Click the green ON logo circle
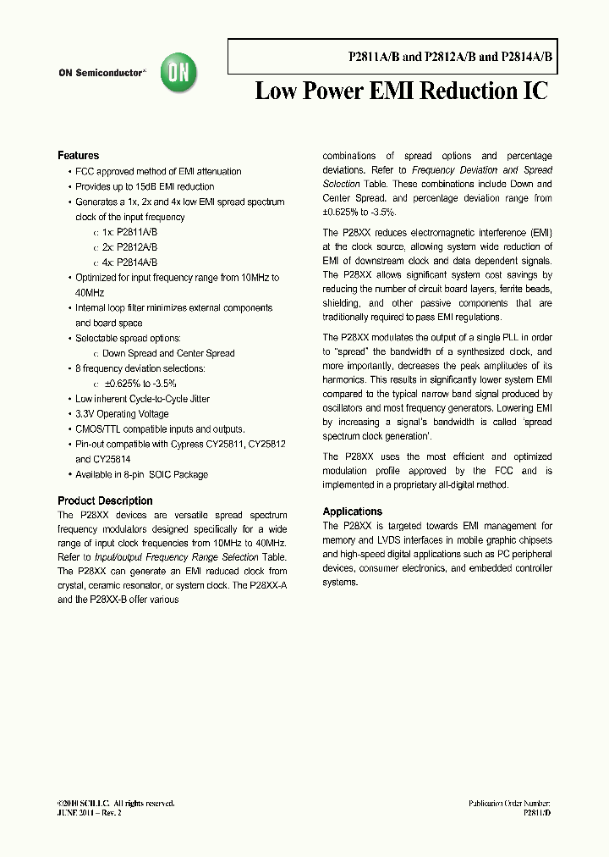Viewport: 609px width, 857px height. [x=179, y=74]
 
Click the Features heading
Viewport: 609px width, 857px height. [x=78, y=156]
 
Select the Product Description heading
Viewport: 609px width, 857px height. [x=105, y=500]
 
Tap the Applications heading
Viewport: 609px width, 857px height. [x=353, y=511]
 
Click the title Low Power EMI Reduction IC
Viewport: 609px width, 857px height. [x=401, y=91]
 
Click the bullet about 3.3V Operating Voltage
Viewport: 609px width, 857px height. [x=122, y=414]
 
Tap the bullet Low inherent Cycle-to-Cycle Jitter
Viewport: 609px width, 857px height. [x=142, y=399]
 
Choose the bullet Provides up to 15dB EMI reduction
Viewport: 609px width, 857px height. [x=145, y=186]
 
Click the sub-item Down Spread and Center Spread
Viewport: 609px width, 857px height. [x=168, y=353]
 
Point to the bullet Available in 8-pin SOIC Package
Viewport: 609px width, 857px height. [x=141, y=474]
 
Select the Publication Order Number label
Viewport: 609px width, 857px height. [x=509, y=803]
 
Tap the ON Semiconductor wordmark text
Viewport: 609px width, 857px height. [x=101, y=74]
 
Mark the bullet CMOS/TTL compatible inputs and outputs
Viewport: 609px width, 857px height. [x=160, y=429]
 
